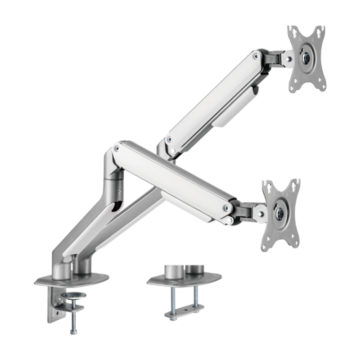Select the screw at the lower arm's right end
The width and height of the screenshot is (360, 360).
coord(224,207)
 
